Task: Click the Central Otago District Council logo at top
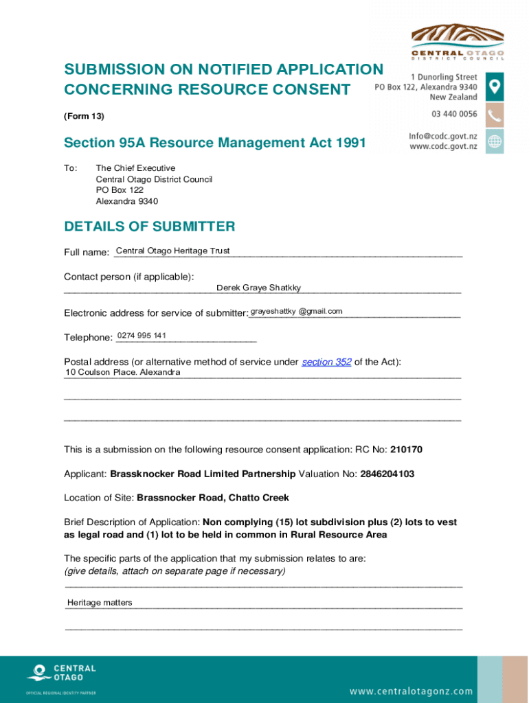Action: point(457,41)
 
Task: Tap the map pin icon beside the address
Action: point(495,87)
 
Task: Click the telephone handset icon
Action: point(495,115)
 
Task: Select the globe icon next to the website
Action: point(495,141)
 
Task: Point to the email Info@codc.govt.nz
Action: point(443,136)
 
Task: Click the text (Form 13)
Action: point(84,116)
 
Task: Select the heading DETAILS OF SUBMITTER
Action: point(149,227)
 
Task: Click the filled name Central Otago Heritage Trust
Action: point(173,251)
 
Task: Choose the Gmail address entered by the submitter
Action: point(296,312)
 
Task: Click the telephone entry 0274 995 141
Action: point(142,336)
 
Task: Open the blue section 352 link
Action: point(326,362)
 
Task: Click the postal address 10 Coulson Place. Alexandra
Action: point(123,372)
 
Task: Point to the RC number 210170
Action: point(406,450)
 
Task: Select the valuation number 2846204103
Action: point(387,474)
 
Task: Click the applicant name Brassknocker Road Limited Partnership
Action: point(203,474)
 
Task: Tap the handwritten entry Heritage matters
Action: point(100,603)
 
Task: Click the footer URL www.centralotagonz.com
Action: point(411,691)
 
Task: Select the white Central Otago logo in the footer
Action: point(61,672)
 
